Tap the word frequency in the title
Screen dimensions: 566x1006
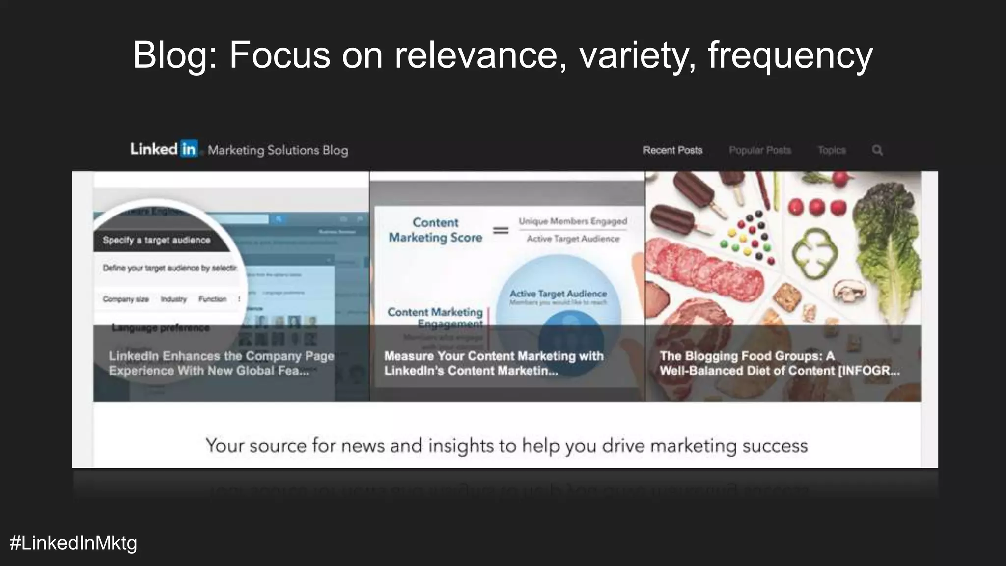pos(790,55)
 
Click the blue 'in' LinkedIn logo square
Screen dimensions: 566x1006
pos(189,148)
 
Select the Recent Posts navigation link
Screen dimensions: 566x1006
pos(672,150)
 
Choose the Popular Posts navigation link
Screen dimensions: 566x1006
pos(759,150)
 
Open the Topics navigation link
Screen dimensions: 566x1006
pos(831,150)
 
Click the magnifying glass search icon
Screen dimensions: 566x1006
pos(877,150)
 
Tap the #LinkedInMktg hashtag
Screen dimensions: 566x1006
pos(73,543)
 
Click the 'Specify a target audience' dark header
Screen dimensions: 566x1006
pos(156,240)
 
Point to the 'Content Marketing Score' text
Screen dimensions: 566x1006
pos(435,230)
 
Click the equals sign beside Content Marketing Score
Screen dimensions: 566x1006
pos(501,230)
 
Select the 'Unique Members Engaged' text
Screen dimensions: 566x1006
pos(573,221)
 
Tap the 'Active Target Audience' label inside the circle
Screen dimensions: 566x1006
pos(558,294)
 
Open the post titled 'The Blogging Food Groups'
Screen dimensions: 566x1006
pos(779,363)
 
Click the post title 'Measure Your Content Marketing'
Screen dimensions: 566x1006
pos(493,363)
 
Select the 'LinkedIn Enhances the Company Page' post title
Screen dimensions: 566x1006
pos(221,363)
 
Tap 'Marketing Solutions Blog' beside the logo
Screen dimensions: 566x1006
pos(278,150)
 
